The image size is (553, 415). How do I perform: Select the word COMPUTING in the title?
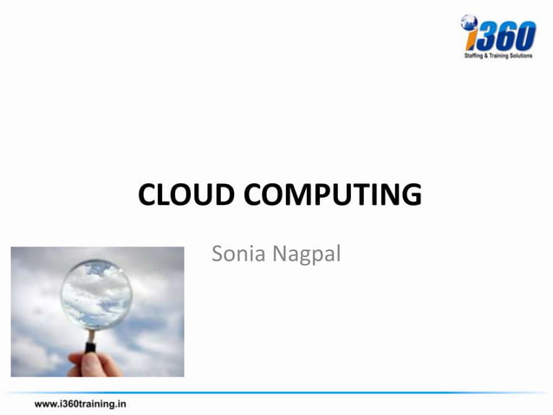point(333,194)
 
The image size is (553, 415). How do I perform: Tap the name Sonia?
point(239,255)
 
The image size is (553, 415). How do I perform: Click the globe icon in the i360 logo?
point(470,22)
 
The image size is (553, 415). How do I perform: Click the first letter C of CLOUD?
point(148,194)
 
